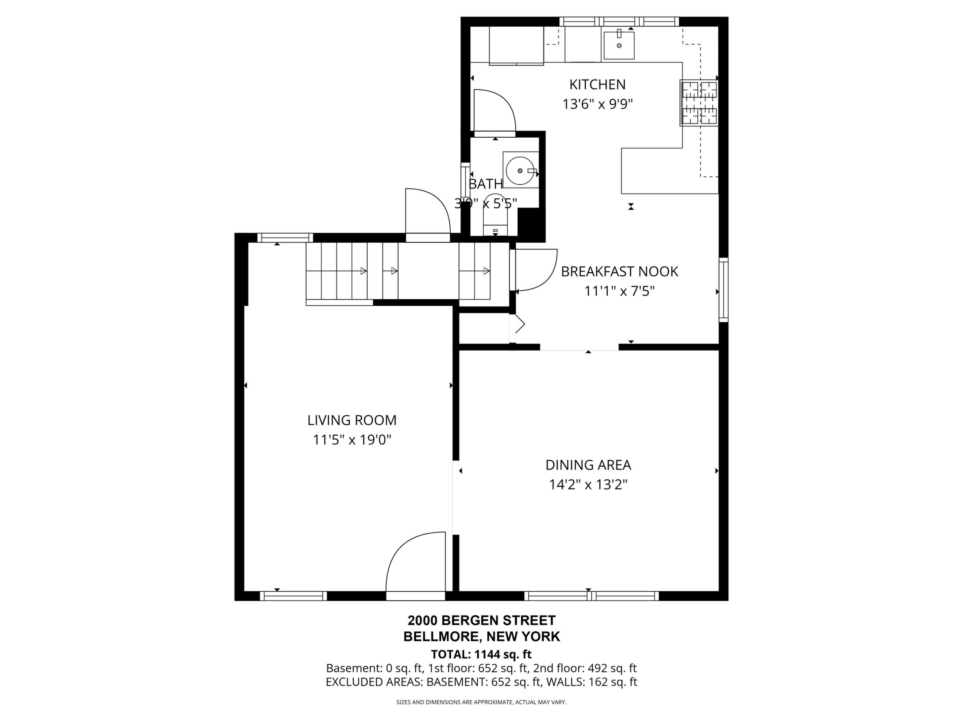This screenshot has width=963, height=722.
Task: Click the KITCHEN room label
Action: click(597, 84)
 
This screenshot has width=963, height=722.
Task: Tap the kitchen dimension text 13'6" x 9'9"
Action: click(597, 105)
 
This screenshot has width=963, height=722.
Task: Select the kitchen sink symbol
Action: click(618, 45)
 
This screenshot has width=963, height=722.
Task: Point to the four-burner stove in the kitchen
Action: click(699, 103)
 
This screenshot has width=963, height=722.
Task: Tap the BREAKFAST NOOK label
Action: click(620, 272)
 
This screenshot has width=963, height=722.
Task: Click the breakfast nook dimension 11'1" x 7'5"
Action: click(620, 291)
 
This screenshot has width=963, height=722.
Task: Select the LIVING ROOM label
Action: click(352, 420)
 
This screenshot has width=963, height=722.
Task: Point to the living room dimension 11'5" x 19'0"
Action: click(352, 440)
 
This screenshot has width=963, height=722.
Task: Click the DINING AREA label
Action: click(588, 465)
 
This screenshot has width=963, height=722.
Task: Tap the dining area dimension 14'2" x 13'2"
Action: click(588, 485)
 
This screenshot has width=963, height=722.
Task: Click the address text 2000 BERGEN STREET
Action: click(481, 620)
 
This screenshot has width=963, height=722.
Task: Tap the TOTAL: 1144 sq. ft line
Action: click(481, 654)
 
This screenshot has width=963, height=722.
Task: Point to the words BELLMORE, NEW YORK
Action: click(481, 637)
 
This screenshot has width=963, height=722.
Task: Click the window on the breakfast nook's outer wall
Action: click(723, 290)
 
